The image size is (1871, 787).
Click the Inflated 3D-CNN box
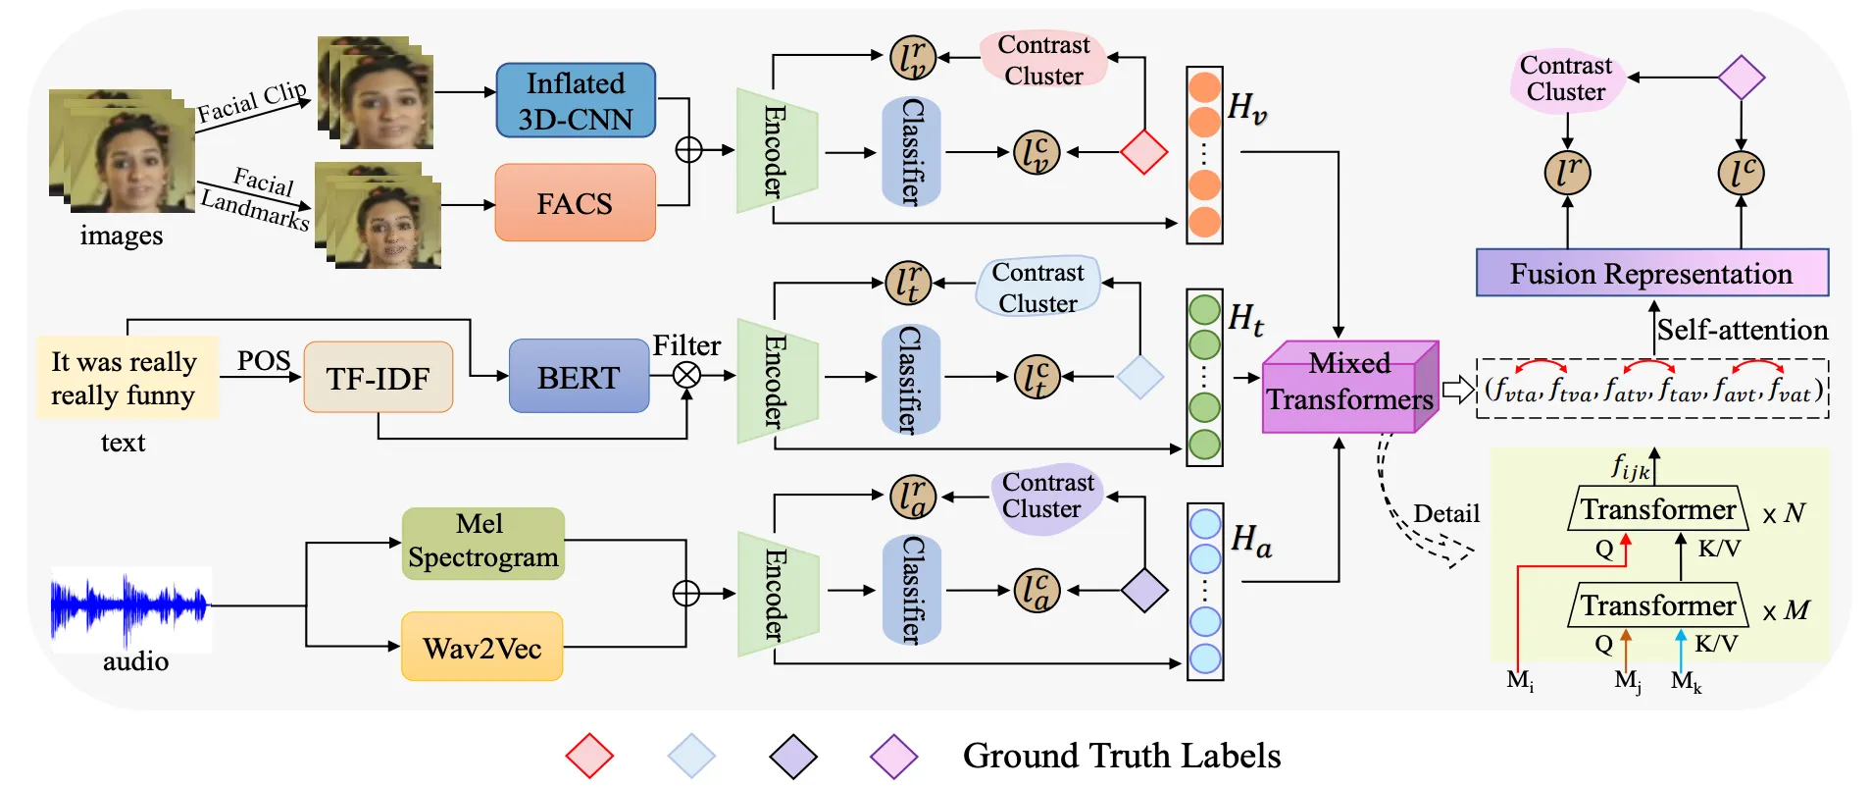[576, 101]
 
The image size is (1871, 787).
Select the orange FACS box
[575, 203]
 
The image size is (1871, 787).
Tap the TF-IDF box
[378, 378]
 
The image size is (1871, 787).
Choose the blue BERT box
[579, 377]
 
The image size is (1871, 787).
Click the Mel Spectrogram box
[482, 542]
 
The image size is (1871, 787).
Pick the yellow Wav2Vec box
[481, 648]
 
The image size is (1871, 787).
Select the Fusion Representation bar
[1651, 273]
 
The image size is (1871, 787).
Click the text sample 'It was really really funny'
[125, 379]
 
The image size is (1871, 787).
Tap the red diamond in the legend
[589, 757]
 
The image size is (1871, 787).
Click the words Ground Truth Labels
[1121, 756]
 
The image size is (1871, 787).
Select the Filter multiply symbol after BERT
[687, 375]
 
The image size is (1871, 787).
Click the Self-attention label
[1742, 330]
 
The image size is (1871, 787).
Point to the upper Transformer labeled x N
[1657, 510]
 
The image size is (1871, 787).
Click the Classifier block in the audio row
[911, 591]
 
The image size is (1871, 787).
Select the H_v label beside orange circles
[1246, 107]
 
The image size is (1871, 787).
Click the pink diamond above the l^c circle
[1742, 77]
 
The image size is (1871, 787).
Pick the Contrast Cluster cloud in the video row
[1043, 60]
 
